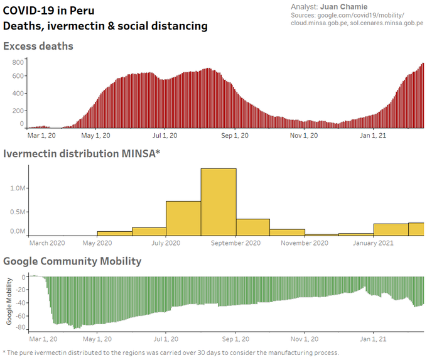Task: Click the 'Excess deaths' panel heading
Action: click(x=38, y=46)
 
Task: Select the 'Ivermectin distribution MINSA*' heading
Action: click(x=82, y=153)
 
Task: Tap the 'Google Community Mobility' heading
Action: click(x=72, y=261)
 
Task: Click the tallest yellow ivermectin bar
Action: click(x=219, y=202)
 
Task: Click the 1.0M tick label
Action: click(x=18, y=188)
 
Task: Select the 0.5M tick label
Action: click(x=18, y=210)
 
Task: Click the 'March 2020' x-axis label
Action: click(x=47, y=243)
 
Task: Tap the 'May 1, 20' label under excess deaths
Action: click(x=96, y=134)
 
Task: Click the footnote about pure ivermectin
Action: click(x=171, y=352)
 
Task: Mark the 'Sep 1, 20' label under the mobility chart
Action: click(x=236, y=338)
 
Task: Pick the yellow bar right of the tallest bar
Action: click(x=253, y=227)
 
